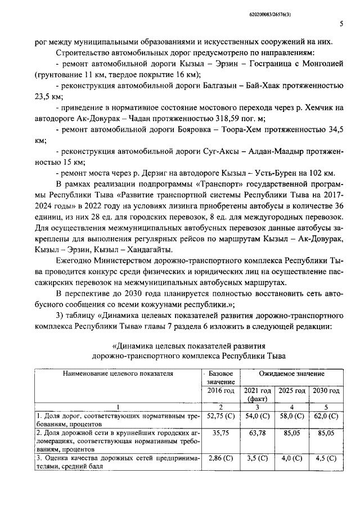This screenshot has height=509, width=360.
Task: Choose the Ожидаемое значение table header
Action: click(x=291, y=373)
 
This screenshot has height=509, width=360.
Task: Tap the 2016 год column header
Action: click(x=221, y=390)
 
